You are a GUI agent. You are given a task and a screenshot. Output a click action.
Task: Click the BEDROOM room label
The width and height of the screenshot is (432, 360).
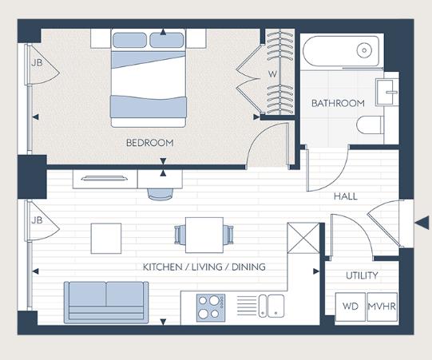(x=149, y=143)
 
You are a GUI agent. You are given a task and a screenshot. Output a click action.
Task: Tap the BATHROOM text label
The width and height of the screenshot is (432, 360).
(x=338, y=103)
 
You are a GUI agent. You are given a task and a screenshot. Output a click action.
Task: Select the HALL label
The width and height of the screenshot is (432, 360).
(x=345, y=196)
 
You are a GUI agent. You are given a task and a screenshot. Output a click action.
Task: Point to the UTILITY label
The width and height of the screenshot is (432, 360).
(x=361, y=275)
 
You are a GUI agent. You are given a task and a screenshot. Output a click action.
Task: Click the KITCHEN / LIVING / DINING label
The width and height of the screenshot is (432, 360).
(x=204, y=267)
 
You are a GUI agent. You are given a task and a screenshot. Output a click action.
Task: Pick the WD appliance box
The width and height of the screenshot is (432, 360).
(x=350, y=307)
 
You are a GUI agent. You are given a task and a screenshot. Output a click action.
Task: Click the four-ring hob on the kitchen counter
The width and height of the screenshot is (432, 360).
(x=212, y=306)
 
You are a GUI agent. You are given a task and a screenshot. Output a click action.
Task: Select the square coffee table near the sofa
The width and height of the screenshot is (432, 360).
(x=105, y=237)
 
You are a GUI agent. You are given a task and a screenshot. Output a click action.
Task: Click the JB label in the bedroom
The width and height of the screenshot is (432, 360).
(x=36, y=62)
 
